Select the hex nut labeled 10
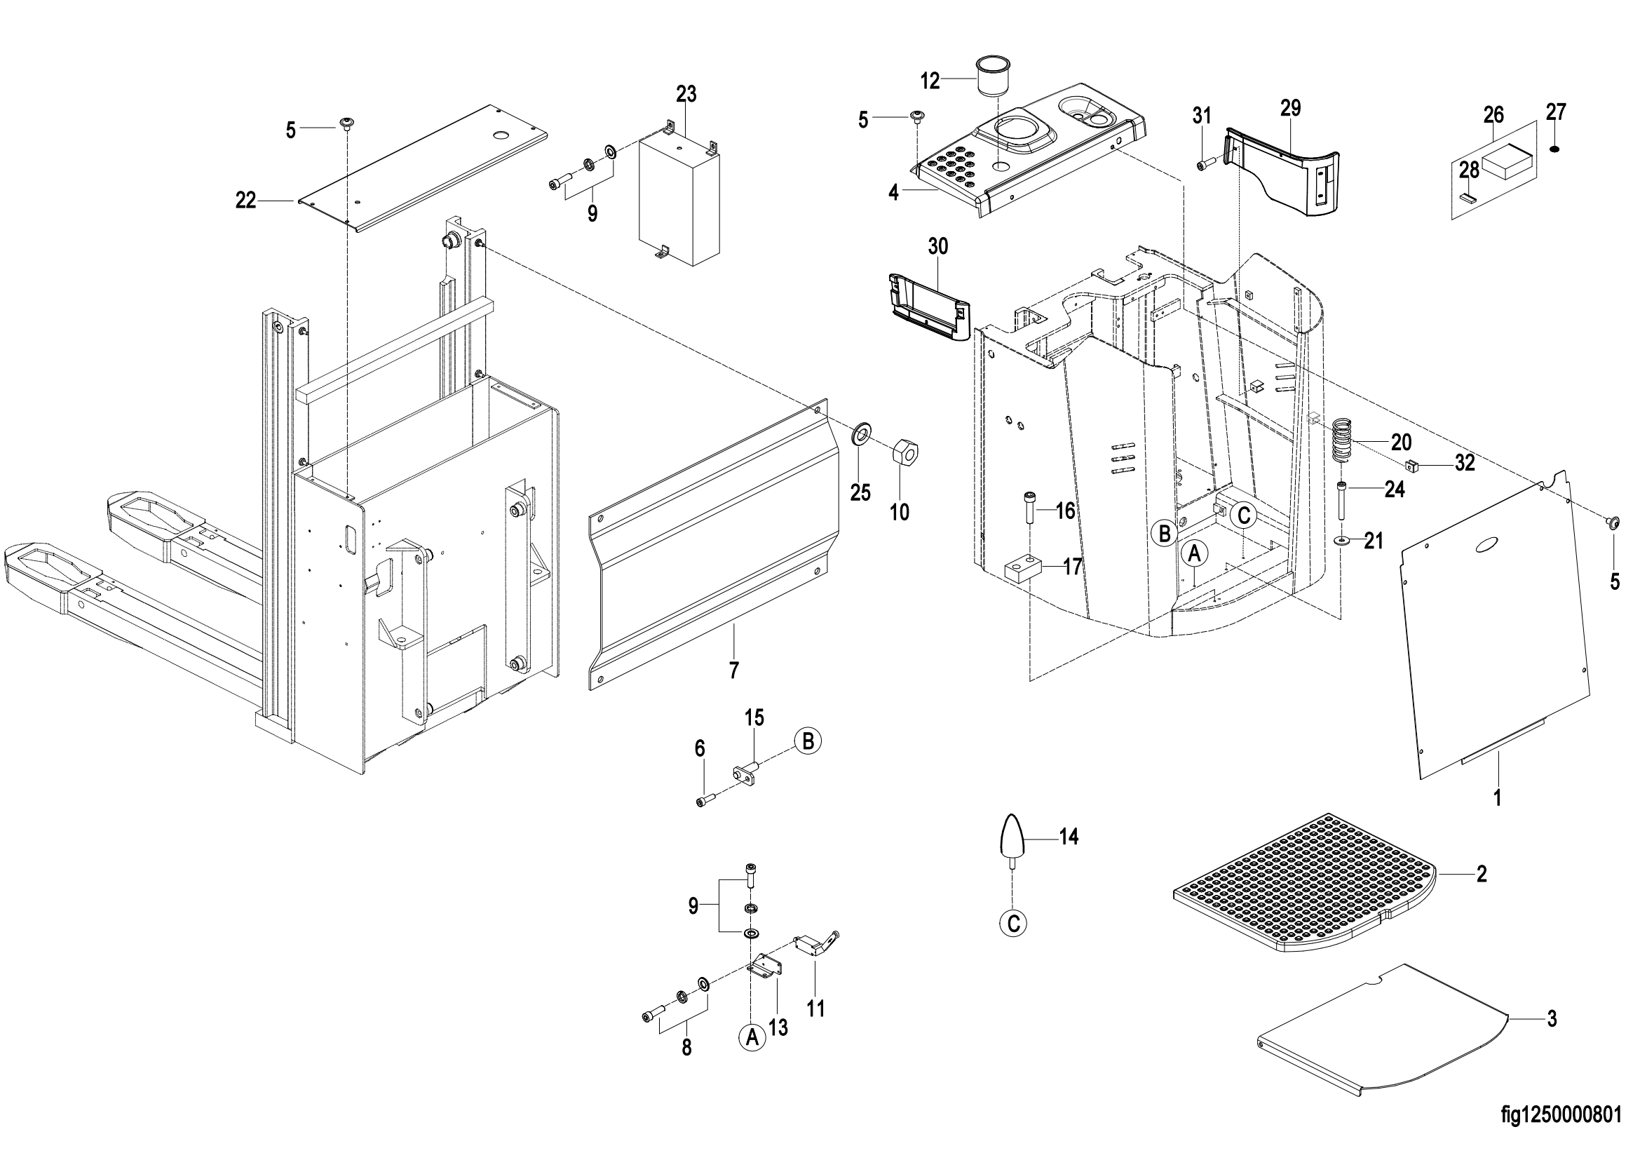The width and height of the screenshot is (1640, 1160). [x=905, y=452]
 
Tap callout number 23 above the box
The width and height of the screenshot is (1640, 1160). [x=686, y=93]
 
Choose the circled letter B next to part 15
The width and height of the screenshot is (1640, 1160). [x=808, y=741]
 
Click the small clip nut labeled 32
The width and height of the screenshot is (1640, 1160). [x=1411, y=467]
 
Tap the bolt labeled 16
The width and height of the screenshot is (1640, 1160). [x=1029, y=508]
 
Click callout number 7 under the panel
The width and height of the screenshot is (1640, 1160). [x=733, y=670]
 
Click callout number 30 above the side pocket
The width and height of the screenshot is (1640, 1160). [x=938, y=246]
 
